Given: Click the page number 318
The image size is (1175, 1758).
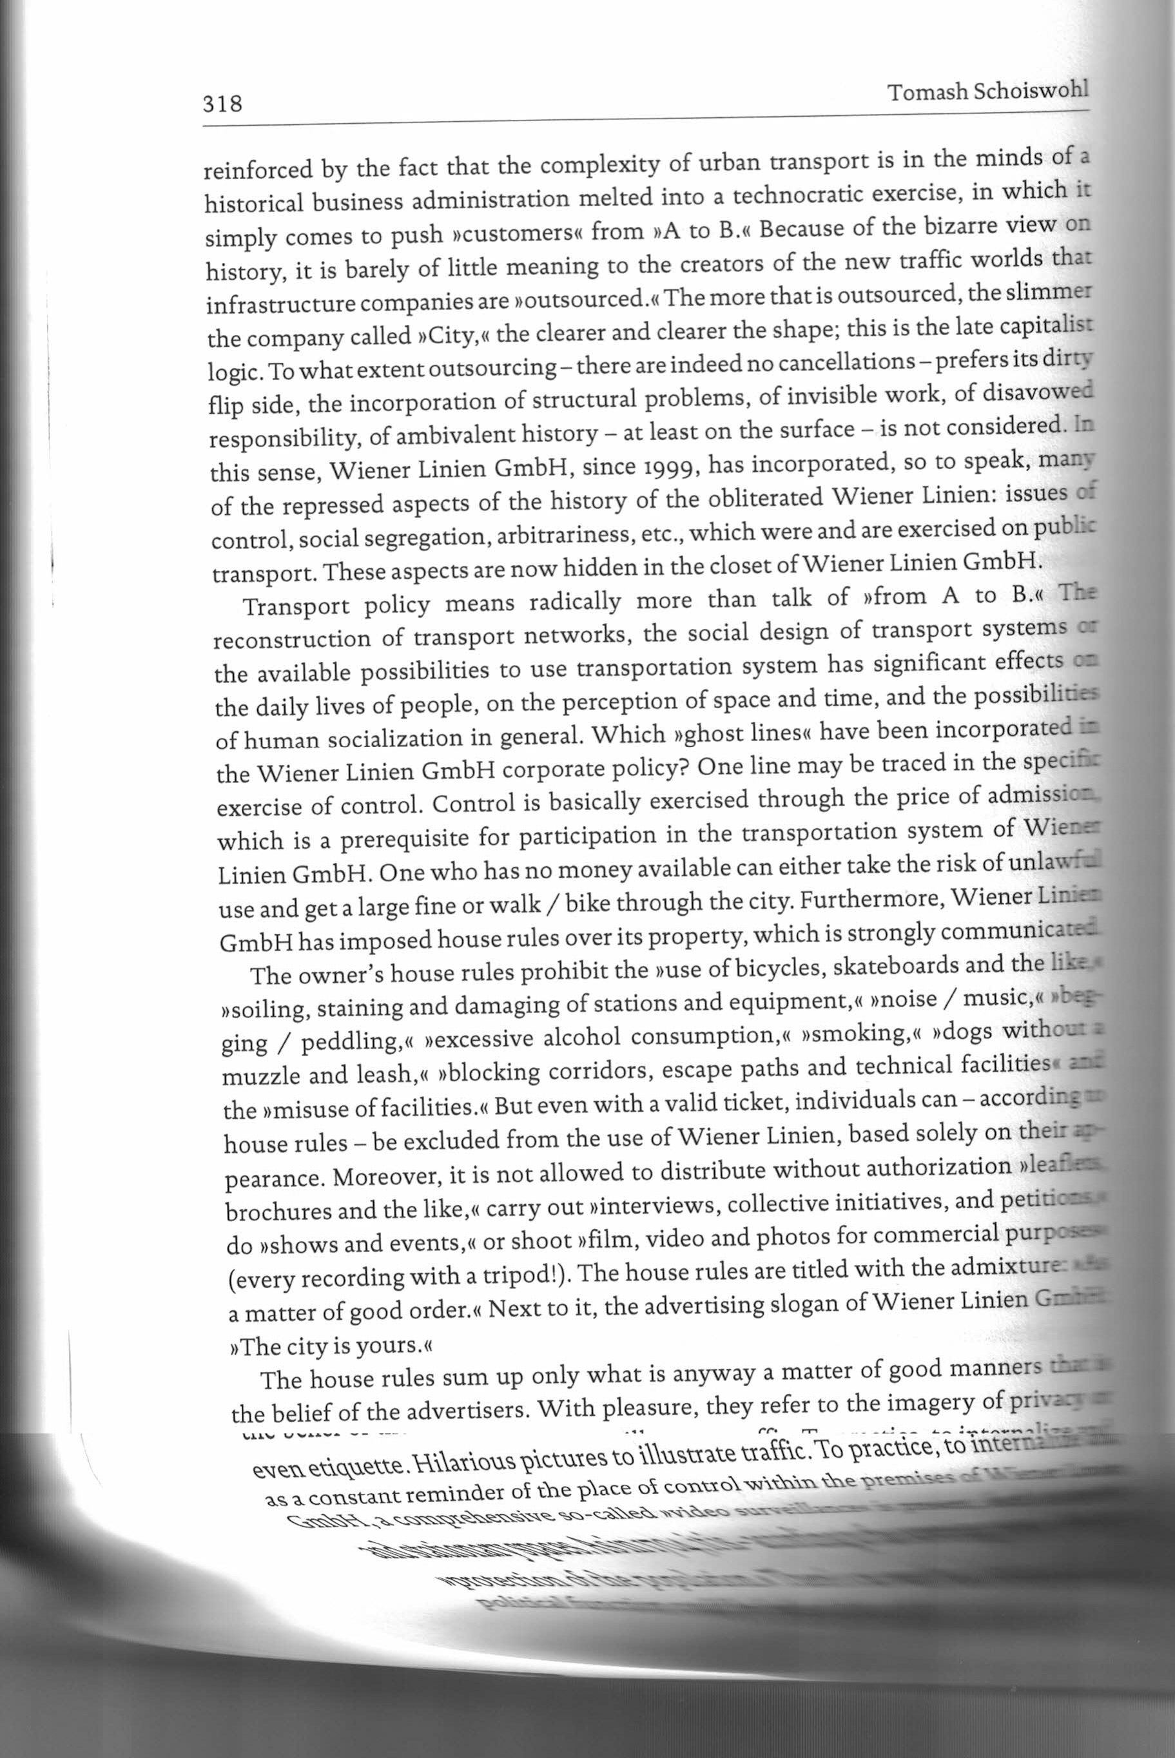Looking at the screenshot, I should tap(222, 102).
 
